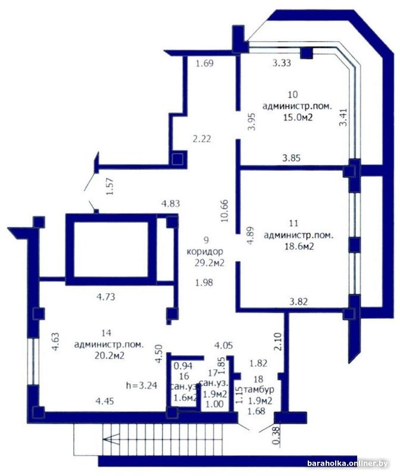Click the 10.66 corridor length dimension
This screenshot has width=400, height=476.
click(x=225, y=211)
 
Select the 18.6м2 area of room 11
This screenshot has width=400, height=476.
click(x=299, y=246)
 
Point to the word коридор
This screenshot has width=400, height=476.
click(x=205, y=252)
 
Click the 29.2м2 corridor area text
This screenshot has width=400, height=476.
click(x=210, y=262)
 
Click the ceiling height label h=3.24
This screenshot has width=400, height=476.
click(x=142, y=386)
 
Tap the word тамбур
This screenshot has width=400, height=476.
click(x=259, y=389)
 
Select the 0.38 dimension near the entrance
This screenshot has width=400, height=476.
click(x=276, y=436)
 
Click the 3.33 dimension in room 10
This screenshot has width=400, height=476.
click(x=281, y=63)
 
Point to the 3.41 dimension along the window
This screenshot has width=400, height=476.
click(x=343, y=118)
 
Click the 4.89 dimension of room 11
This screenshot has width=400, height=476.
click(x=249, y=236)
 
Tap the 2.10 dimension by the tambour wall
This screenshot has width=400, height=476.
click(x=277, y=342)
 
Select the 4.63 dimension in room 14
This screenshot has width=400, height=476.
click(x=55, y=342)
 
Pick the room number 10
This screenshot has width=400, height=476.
click(x=293, y=95)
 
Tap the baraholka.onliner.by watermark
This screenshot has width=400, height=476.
click(x=348, y=464)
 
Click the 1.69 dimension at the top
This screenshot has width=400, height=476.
click(x=205, y=64)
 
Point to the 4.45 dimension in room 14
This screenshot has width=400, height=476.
click(x=105, y=401)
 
